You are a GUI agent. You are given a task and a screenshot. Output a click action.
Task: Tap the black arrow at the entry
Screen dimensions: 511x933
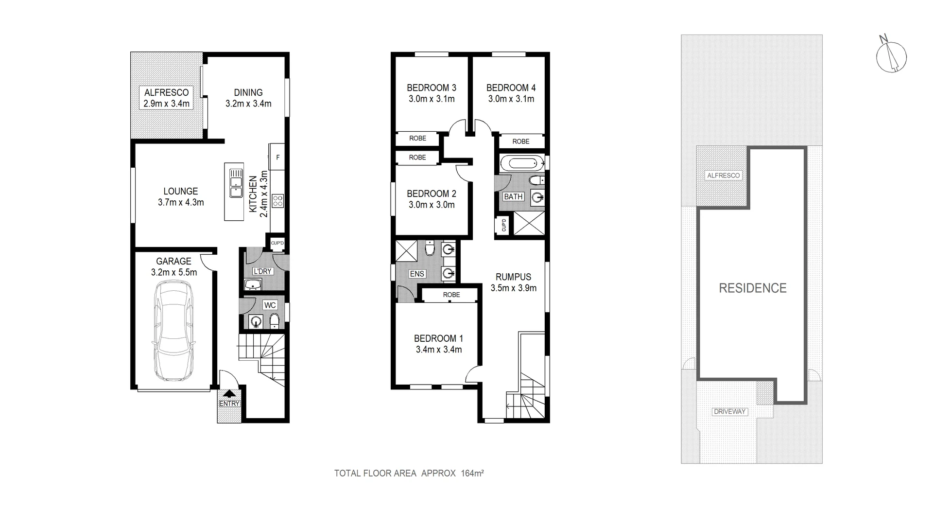click(x=229, y=394)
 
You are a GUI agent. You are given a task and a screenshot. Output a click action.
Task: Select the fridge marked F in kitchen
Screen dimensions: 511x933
click(x=277, y=157)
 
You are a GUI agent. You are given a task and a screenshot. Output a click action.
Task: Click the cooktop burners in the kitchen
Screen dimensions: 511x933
click(x=277, y=201)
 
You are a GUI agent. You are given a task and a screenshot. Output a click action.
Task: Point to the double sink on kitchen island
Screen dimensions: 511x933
click(x=236, y=183)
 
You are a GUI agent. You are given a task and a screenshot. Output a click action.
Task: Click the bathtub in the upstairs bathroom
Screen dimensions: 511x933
click(x=519, y=162)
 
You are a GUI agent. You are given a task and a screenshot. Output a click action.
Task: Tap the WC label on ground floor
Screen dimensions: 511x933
click(x=270, y=305)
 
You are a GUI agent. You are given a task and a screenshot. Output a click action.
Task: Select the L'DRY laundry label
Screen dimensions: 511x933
click(x=262, y=271)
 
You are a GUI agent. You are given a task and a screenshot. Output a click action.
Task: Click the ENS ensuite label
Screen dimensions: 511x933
click(x=417, y=274)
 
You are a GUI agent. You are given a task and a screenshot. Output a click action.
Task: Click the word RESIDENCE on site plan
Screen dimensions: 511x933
click(x=752, y=288)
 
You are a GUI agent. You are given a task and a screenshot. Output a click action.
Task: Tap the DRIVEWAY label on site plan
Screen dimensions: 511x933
click(x=729, y=411)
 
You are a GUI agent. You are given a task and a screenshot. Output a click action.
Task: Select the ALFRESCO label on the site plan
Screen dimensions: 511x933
click(x=723, y=176)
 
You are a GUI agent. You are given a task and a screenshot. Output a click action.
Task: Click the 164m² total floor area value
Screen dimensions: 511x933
click(x=472, y=473)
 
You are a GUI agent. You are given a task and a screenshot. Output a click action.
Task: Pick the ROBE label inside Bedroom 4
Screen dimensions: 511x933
click(x=520, y=141)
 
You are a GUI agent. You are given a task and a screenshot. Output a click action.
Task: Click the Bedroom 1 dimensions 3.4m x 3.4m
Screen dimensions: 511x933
click(x=438, y=350)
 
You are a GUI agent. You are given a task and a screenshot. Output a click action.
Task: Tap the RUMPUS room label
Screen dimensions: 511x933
click(x=513, y=277)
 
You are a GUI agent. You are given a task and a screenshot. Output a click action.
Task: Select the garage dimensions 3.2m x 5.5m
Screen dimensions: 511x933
click(x=173, y=272)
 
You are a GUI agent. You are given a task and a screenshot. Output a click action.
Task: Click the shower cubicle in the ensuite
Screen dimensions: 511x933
click(x=406, y=251)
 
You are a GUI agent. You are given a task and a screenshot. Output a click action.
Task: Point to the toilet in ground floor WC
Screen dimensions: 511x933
click(x=274, y=320)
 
